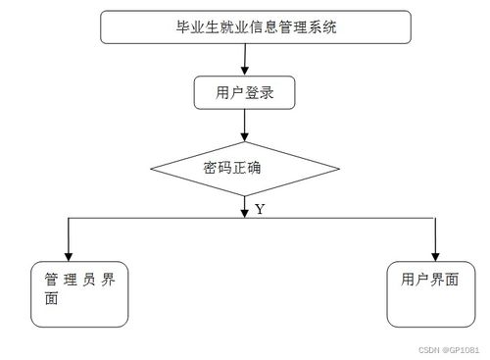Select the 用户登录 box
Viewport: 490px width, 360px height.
point(244,93)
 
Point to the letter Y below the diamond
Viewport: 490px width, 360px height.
point(260,209)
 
